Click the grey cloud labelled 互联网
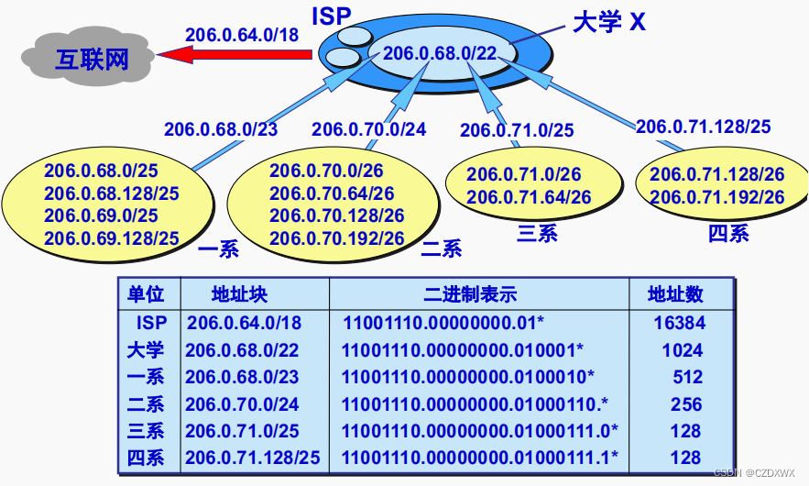coord(79,59)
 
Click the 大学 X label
coord(608,21)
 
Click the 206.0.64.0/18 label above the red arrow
coord(242,35)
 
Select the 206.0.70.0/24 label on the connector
coord(368,129)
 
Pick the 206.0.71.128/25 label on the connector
coord(703,127)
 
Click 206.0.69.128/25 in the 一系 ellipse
coord(112,238)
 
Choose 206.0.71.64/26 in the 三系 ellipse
coord(529,197)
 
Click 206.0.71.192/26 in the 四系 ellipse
coord(717,197)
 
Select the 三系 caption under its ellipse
coord(537,233)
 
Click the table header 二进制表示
coord(470,294)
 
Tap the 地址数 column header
coord(675,294)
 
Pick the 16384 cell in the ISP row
coord(680,323)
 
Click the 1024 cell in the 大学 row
coord(682,350)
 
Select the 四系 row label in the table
coord(146,458)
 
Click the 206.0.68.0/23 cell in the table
coord(243,377)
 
